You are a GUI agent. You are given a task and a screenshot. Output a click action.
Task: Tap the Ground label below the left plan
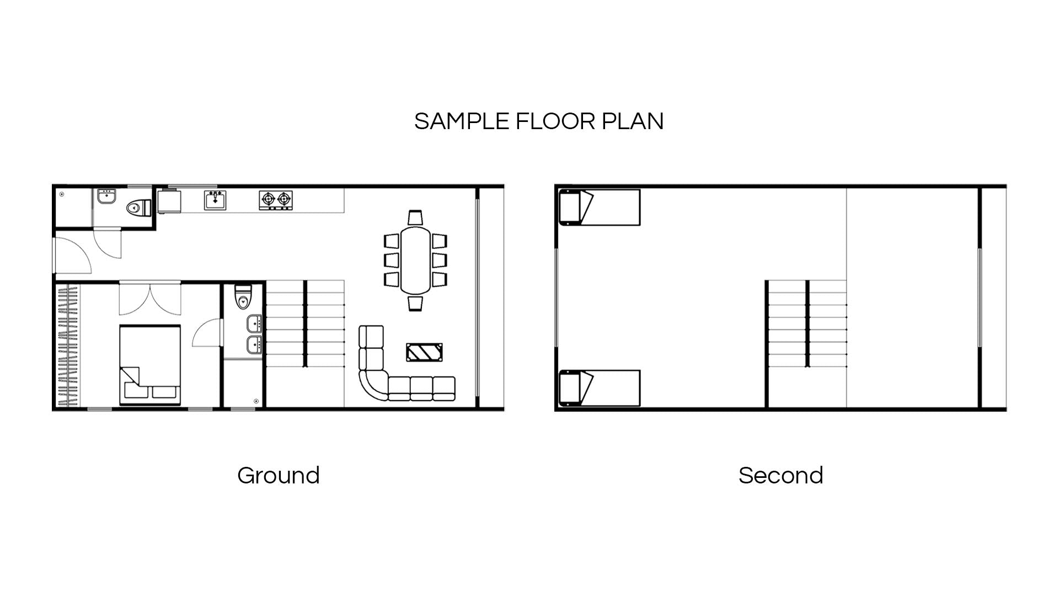pyautogui.click(x=279, y=475)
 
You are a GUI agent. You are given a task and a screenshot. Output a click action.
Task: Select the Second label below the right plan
pyautogui.click(x=780, y=475)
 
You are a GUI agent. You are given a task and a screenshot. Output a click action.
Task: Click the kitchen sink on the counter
pyautogui.click(x=215, y=200)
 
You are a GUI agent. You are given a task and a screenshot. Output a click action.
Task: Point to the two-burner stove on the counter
pyautogui.click(x=276, y=200)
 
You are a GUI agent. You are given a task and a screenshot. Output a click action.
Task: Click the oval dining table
pyautogui.click(x=415, y=260)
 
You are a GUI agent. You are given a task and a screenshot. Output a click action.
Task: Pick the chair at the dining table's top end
pyautogui.click(x=415, y=217)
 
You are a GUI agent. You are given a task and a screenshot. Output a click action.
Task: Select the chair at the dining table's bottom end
pyautogui.click(x=415, y=303)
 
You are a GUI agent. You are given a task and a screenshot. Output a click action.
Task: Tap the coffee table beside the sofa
pyautogui.click(x=424, y=352)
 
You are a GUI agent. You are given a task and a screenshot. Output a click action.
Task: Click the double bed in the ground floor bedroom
pyautogui.click(x=150, y=364)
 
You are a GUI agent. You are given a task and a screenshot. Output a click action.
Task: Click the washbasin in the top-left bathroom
pyautogui.click(x=106, y=197)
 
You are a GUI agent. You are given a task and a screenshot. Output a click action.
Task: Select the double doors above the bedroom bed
pyautogui.click(x=150, y=298)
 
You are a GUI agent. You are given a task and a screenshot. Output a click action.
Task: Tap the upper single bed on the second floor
pyautogui.click(x=600, y=207)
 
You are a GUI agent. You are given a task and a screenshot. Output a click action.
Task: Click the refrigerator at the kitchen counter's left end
pyautogui.click(x=169, y=201)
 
